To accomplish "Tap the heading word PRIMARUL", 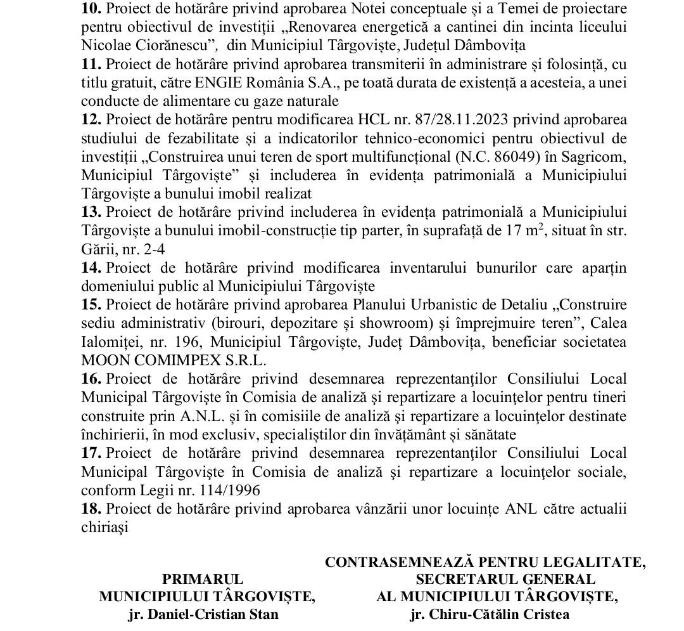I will (203, 579).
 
